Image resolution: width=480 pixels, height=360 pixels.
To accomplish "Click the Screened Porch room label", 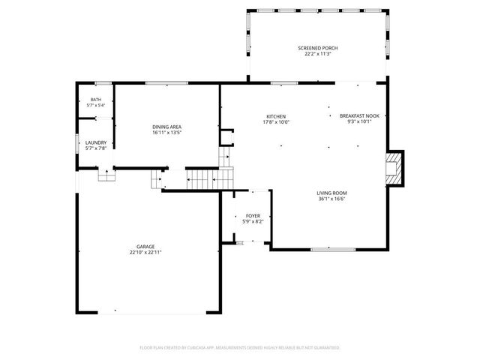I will coord(318,47).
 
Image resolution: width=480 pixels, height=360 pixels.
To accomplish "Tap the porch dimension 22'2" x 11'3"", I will coord(318,53).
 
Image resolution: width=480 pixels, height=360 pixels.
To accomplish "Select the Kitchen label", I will coord(276,116).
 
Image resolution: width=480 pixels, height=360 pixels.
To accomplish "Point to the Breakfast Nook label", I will coord(359,116).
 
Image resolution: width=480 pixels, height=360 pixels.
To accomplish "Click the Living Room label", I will coord(331,193).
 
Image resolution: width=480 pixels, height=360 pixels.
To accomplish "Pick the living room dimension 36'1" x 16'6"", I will coord(331,199).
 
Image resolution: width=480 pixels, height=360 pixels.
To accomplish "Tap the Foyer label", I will coord(253,215).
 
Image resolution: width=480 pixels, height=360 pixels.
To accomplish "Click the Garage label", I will coord(145,246).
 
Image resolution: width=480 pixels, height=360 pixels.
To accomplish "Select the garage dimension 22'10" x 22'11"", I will coord(145,253).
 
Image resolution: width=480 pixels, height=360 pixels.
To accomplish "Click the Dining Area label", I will coord(166,127).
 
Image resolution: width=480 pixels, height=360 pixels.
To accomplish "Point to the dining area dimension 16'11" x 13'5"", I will coord(166,133).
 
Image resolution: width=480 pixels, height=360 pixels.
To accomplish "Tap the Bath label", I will coord(96,100).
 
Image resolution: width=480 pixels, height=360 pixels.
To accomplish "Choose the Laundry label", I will coord(96,142).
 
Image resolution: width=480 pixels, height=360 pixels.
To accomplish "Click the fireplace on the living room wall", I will coord(394,169).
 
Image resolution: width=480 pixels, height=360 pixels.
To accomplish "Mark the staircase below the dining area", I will coord(200,180).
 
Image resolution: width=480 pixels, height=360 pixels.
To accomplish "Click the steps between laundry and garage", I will coord(106,175).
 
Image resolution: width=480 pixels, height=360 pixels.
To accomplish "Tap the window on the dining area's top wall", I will coord(166,83).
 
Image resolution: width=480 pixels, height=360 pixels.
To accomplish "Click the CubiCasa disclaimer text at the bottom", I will coord(240,348).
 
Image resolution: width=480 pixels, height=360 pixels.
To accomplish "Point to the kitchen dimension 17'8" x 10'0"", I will coord(276,122).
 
